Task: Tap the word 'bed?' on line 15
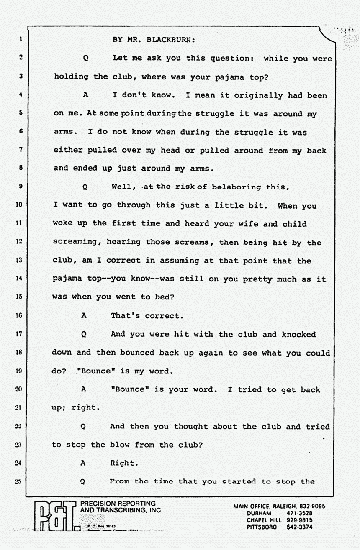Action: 161,297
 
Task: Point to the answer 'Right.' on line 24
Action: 123,463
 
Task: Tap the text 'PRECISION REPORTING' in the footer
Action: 118,504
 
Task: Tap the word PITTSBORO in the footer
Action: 262,527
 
